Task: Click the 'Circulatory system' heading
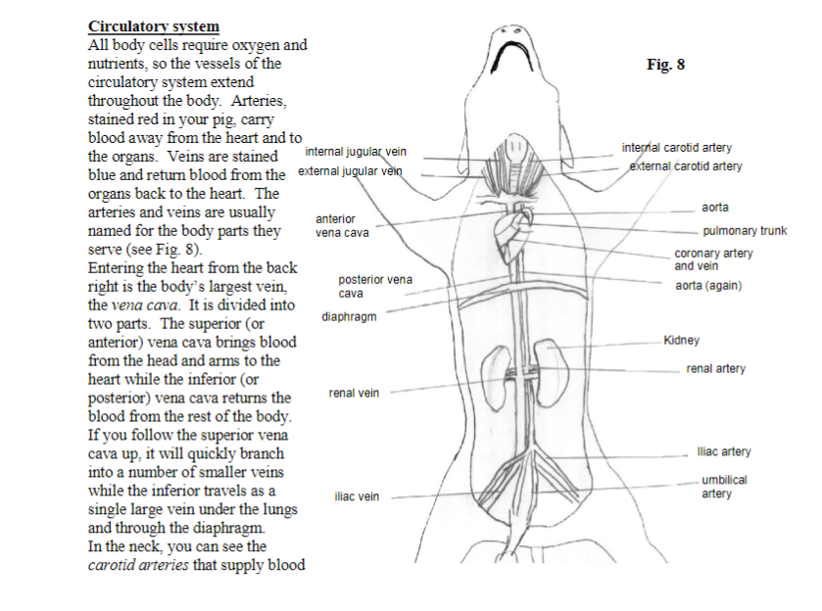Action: click(x=154, y=26)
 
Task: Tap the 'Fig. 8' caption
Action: click(x=666, y=66)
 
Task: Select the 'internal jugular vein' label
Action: click(x=356, y=152)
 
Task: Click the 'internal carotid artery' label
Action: click(x=677, y=148)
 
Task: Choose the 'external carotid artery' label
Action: click(x=686, y=166)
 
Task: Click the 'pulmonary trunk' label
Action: click(x=745, y=232)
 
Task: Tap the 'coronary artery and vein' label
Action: click(x=713, y=259)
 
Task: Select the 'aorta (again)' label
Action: click(x=708, y=286)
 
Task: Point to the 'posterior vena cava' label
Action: click(x=375, y=286)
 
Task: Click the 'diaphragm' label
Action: click(x=348, y=317)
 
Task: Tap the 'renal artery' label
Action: click(x=715, y=369)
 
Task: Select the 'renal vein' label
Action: click(x=354, y=393)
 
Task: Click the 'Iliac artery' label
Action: click(x=723, y=451)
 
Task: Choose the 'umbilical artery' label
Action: click(x=725, y=487)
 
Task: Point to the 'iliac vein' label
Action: click(x=357, y=496)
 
